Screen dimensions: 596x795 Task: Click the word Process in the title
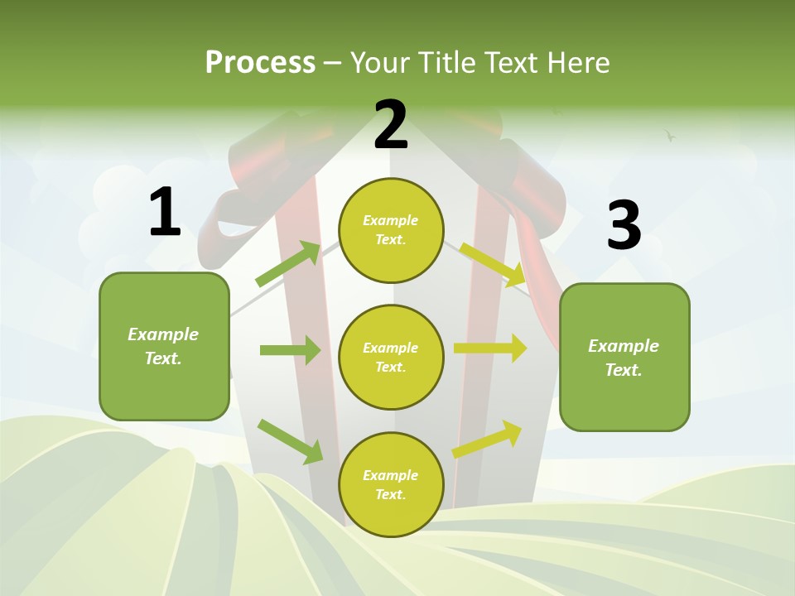click(x=260, y=62)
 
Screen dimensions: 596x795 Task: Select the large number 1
click(x=164, y=213)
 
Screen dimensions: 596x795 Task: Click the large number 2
click(x=391, y=125)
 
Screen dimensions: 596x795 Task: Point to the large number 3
click(x=624, y=225)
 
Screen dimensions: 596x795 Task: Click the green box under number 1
click(x=164, y=346)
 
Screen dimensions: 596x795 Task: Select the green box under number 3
click(x=624, y=357)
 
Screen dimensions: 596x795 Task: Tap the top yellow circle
click(x=391, y=230)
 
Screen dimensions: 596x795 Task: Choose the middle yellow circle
click(x=391, y=357)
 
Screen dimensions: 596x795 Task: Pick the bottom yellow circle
click(x=391, y=484)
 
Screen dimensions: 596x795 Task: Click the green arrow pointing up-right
click(x=288, y=263)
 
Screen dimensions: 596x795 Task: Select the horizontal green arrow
click(x=290, y=350)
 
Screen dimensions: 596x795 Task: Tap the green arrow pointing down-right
click(x=290, y=441)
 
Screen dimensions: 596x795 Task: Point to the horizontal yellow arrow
click(x=490, y=348)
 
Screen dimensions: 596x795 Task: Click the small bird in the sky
click(x=670, y=135)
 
